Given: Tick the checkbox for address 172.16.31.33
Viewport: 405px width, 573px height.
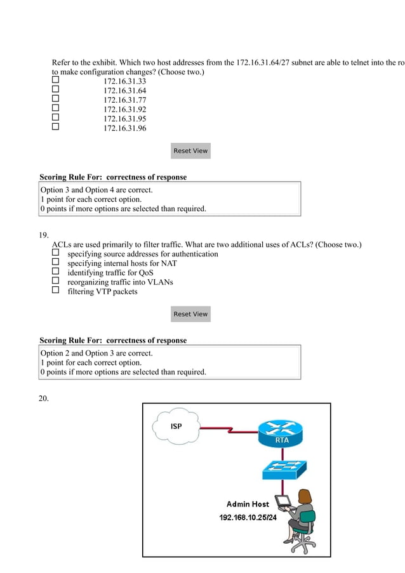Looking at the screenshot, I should [55, 81].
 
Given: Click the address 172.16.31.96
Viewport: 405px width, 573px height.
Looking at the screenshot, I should [124, 128].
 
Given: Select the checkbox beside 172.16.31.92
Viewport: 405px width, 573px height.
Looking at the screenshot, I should [55, 109].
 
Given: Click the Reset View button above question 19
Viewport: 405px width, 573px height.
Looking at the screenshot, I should [190, 151].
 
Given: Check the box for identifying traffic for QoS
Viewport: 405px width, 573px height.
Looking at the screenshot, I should [55, 272].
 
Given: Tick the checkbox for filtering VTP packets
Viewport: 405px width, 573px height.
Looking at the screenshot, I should [55, 291].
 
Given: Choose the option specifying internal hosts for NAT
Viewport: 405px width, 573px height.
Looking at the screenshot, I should [55, 263].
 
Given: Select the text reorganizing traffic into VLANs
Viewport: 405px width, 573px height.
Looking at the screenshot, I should [120, 282].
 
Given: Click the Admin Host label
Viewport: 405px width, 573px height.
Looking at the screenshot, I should [248, 504].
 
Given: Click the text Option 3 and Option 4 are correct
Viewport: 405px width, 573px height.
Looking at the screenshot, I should [96, 190].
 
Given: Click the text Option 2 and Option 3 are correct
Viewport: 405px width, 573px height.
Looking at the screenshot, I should [96, 353].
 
